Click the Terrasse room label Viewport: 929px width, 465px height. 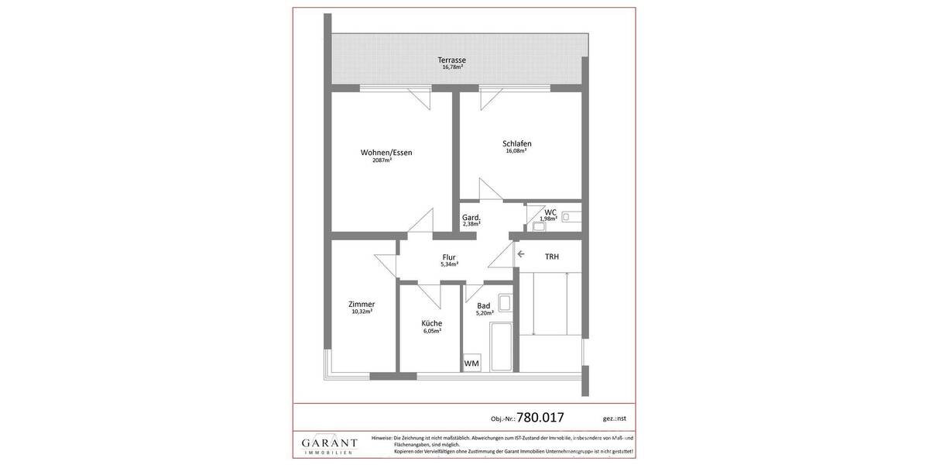click(x=451, y=60)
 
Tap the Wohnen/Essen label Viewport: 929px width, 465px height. click(x=386, y=153)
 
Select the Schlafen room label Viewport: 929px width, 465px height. click(x=516, y=143)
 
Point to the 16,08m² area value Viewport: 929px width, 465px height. click(x=516, y=151)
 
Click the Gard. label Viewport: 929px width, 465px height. click(x=471, y=217)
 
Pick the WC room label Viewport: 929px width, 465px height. click(x=550, y=212)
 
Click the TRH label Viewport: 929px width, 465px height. click(x=551, y=257)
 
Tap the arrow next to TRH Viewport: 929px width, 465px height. click(x=521, y=254)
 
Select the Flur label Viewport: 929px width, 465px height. click(x=449, y=257)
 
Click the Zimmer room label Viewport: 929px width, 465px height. click(x=362, y=304)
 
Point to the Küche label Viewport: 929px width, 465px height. click(x=432, y=323)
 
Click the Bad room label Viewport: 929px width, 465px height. click(x=484, y=305)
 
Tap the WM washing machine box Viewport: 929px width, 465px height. click(x=471, y=363)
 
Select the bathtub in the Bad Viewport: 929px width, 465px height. click(x=501, y=346)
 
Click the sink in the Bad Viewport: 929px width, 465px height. click(x=504, y=302)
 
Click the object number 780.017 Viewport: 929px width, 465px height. click(x=540, y=417)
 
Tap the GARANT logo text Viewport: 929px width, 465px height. click(x=329, y=443)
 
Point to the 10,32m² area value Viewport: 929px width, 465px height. click(x=362, y=312)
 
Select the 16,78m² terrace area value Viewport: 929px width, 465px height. click(x=452, y=67)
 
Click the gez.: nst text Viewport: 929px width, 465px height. click(x=615, y=418)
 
